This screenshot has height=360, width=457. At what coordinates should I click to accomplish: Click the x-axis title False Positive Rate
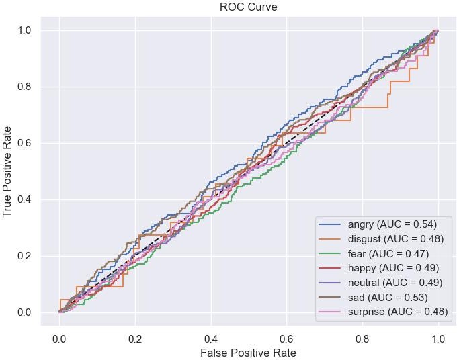(249, 351)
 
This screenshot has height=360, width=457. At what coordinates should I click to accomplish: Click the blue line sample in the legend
(331, 222)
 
